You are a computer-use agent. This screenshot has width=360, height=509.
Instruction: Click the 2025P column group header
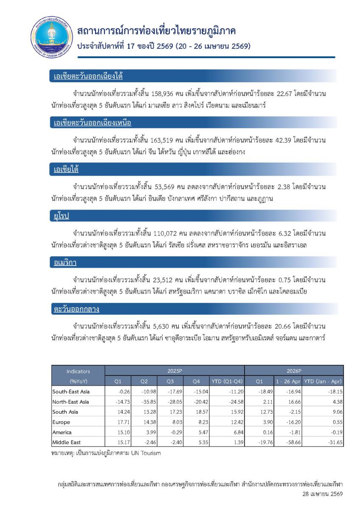click(174, 371)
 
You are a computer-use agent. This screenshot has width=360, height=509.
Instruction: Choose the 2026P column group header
click(294, 371)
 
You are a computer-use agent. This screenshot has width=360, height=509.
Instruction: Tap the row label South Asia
click(65, 412)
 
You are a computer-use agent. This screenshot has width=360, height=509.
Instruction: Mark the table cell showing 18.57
click(199, 412)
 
